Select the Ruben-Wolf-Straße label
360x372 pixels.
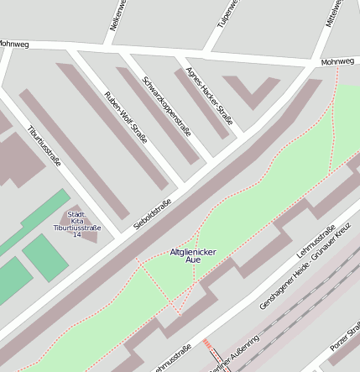point(126,117)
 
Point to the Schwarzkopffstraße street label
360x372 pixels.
point(167,107)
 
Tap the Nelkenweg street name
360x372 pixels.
point(117,15)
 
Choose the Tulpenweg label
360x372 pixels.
point(228,13)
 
